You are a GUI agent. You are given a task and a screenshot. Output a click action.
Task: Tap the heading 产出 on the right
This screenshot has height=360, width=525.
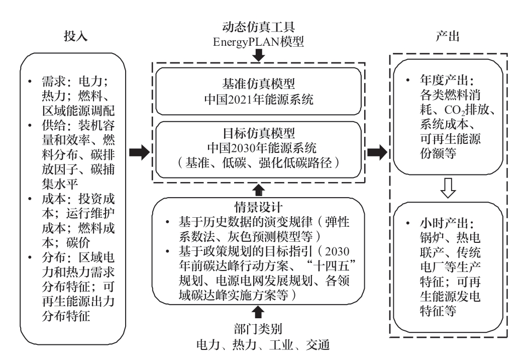click(448, 36)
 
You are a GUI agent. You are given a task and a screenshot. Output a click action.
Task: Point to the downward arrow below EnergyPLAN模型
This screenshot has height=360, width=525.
click(258, 55)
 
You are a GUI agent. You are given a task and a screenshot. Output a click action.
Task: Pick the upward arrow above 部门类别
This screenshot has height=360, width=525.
click(258, 313)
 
